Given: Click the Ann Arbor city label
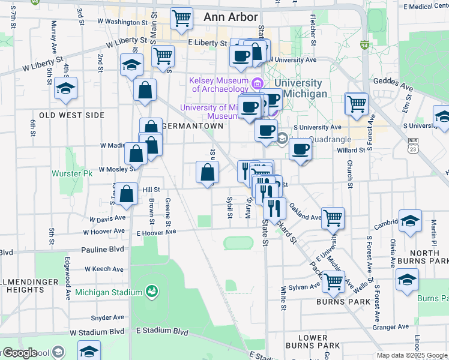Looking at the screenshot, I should click(231, 17).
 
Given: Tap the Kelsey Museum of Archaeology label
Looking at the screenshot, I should click(219, 85).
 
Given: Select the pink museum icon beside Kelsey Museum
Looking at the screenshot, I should click(258, 82).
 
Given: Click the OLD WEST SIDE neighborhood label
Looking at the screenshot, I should click(72, 115).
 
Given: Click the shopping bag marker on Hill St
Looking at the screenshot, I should click(127, 194).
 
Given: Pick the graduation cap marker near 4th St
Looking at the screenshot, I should click(65, 88).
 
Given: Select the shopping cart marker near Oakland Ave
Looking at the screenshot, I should click(333, 218).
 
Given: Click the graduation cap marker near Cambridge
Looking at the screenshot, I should click(411, 221).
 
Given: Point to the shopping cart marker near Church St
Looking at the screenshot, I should click(357, 104).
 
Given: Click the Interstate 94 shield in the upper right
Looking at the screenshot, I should click(364, 45).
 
